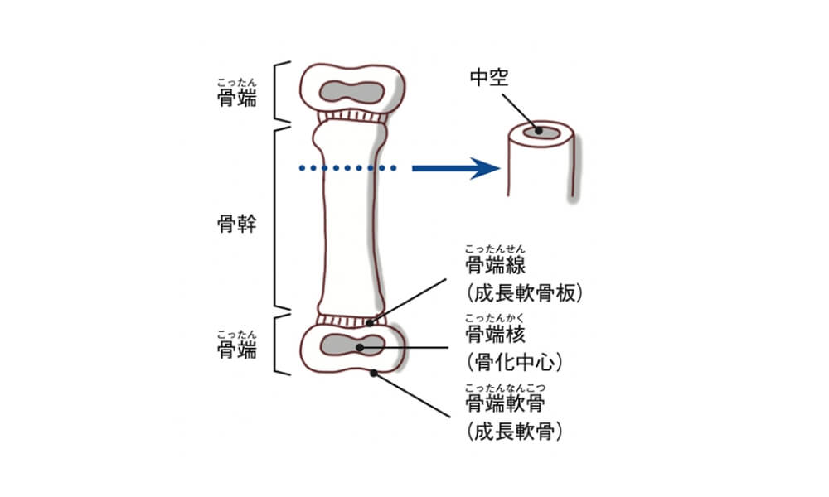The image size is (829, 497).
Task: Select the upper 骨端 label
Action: (235, 99)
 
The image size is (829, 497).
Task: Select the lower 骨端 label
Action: (235, 350)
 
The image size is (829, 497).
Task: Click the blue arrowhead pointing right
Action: (485, 169)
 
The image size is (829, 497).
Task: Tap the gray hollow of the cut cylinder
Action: (540, 130)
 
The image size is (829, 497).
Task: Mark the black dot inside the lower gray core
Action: (360, 346)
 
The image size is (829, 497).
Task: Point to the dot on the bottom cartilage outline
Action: (374, 374)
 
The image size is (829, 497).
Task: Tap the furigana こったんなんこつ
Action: (507, 387)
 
